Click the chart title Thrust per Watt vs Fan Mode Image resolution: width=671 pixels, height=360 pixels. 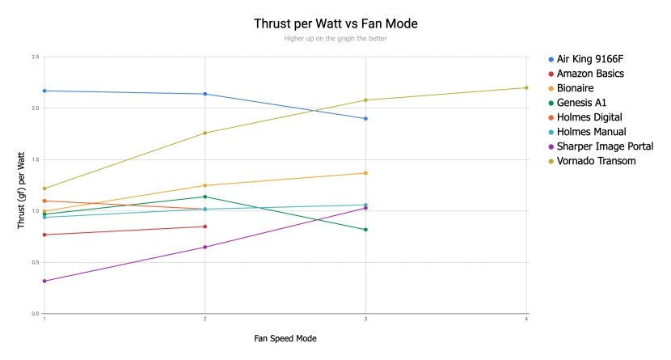[335, 23]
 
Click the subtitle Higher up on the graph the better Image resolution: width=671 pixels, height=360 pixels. [335, 39]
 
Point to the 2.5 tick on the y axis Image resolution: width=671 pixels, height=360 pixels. [35, 57]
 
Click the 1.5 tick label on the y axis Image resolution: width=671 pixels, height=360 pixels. [35, 159]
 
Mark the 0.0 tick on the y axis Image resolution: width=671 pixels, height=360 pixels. [35, 313]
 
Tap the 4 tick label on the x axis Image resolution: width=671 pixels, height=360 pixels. [526, 320]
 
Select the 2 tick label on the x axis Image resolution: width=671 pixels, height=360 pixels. [205, 320]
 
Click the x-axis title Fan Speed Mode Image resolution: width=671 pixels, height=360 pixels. [285, 338]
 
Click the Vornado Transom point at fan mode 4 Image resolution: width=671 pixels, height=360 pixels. [526, 87]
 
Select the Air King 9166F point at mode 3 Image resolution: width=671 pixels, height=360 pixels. [365, 119]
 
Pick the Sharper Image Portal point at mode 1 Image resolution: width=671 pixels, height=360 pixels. [44, 281]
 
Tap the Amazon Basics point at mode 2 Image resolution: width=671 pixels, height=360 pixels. [205, 227]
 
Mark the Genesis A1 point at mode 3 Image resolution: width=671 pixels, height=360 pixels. [365, 230]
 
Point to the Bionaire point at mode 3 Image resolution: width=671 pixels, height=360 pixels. [365, 173]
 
